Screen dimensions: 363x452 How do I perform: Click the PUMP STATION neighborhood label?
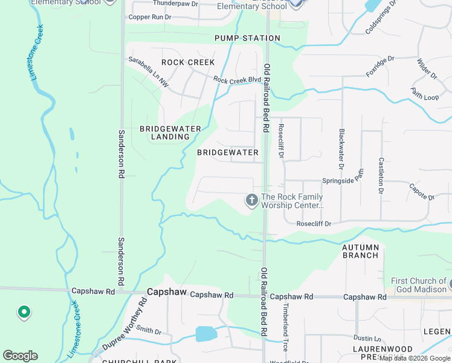click(x=248, y=38)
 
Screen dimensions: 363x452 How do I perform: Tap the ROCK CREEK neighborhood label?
click(x=188, y=62)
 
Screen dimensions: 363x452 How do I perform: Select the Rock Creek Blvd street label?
click(x=237, y=79)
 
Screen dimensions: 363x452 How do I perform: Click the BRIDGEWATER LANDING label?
click(x=165, y=132)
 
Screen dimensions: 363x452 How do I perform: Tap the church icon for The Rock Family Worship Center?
click(x=251, y=200)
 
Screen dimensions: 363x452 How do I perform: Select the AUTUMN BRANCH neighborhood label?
click(x=361, y=251)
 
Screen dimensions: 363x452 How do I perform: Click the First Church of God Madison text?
click(x=418, y=285)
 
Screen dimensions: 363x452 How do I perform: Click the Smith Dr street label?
click(x=149, y=331)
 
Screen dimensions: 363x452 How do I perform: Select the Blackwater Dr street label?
click(x=341, y=149)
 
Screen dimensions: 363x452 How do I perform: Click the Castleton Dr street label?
click(x=381, y=175)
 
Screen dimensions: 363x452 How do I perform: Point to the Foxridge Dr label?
click(x=379, y=67)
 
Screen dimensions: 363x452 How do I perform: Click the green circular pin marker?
click(x=24, y=312)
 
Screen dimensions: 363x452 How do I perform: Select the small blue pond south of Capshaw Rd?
click(x=206, y=333)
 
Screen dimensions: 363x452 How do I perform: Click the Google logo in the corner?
click(x=20, y=356)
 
